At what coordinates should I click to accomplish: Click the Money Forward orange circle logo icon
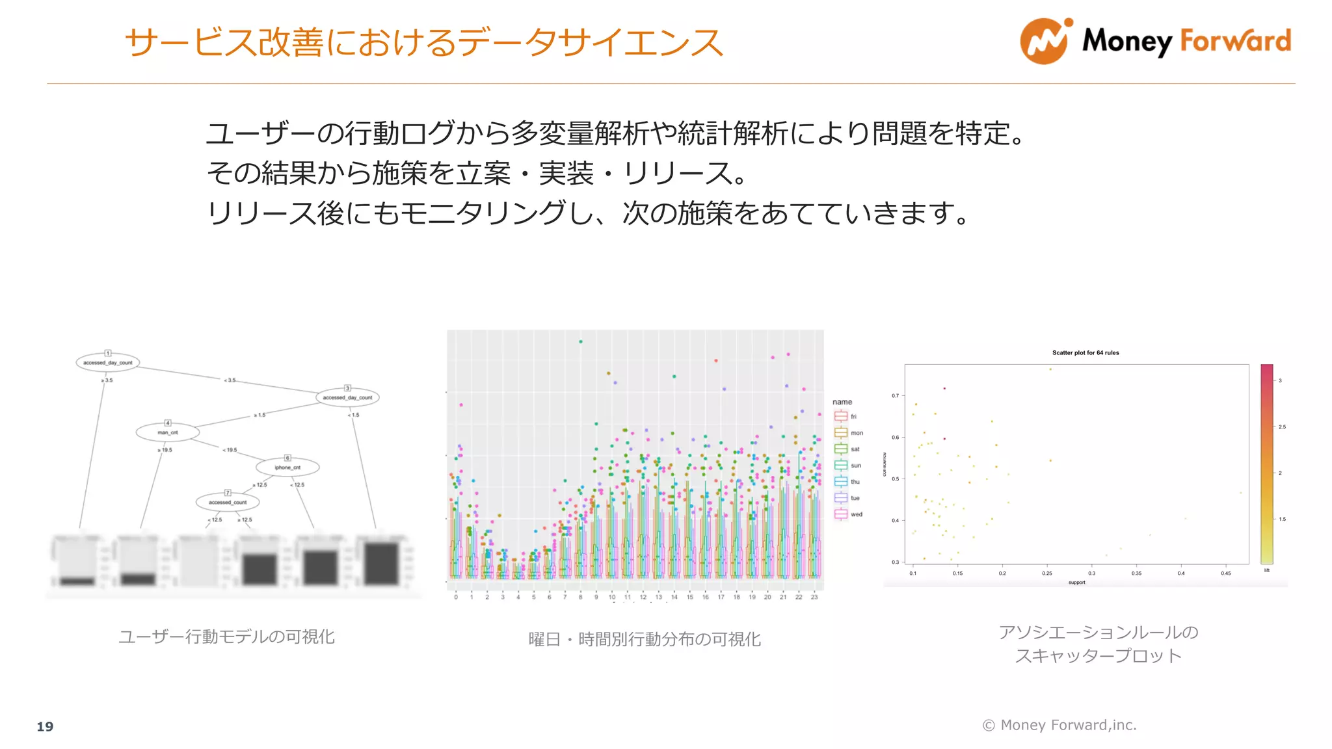coord(1044,42)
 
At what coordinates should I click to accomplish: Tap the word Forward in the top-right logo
coord(1235,41)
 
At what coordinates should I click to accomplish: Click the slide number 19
coord(45,726)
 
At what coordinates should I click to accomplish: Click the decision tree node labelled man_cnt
coord(168,432)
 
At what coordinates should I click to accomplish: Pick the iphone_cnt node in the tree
coord(287,467)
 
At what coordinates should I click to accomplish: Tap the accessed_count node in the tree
coord(228,503)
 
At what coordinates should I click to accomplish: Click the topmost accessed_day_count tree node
coord(108,363)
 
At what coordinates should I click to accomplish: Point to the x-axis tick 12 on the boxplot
coord(643,597)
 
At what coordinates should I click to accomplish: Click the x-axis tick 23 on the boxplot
coord(814,597)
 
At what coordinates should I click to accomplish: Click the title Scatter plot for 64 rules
coord(1086,353)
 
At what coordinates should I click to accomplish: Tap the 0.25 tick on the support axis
coord(1047,573)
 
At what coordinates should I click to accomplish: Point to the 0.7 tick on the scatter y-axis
coord(896,395)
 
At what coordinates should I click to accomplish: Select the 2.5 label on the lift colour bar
coord(1282,427)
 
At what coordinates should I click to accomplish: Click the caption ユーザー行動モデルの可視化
coord(226,637)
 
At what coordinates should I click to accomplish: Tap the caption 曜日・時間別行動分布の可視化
coord(645,640)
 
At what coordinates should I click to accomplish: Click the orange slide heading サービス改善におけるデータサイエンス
coord(423,43)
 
